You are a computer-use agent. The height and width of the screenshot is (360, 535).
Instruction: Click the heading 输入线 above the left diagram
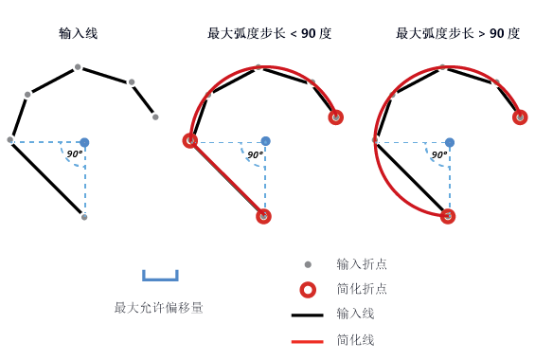coord(78,33)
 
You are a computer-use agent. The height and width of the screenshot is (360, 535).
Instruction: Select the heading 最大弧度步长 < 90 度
coord(269,33)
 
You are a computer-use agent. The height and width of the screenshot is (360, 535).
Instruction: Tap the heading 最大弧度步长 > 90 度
coord(457,33)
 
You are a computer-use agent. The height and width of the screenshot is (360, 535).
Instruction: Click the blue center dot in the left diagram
coord(84,142)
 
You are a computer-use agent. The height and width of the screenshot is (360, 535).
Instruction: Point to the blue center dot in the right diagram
coord(450,142)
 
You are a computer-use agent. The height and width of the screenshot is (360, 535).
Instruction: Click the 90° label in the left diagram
coord(74,153)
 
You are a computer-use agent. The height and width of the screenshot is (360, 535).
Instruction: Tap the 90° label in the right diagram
coord(439,153)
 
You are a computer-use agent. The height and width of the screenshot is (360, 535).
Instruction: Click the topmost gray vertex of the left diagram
coord(78,67)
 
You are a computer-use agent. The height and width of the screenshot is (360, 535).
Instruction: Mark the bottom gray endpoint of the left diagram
coord(84,217)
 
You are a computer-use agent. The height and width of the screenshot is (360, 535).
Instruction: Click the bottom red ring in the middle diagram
coord(263,216)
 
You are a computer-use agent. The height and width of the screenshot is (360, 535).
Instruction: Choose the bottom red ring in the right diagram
coord(448,216)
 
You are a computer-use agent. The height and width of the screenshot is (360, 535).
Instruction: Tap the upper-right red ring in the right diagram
coord(520,117)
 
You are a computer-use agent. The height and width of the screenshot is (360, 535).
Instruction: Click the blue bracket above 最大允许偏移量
coord(160,277)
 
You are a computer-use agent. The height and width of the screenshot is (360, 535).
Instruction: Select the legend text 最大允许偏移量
coord(159,307)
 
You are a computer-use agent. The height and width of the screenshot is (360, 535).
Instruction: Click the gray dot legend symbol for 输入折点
coord(308,264)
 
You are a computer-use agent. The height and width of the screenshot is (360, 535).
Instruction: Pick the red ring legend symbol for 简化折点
coord(308,289)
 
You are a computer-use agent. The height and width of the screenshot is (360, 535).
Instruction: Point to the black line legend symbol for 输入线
coord(308,314)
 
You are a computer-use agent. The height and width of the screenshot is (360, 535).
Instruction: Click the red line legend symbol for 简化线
coord(308,338)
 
